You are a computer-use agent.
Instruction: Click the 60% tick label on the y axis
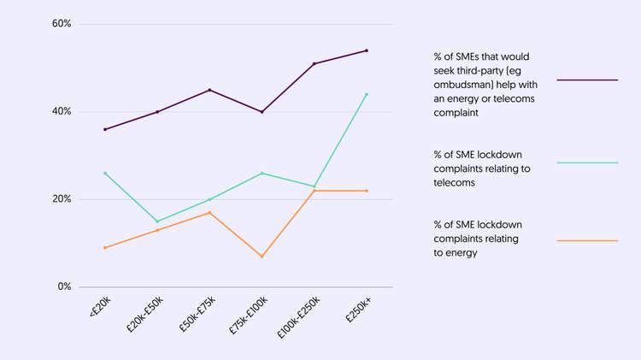click(61, 24)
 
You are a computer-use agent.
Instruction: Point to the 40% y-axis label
click(61, 112)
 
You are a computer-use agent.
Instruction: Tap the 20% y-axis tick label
click(61, 199)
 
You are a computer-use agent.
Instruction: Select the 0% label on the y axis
click(64, 287)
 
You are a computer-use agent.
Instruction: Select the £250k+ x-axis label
click(358, 310)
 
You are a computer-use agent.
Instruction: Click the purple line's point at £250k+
click(367, 50)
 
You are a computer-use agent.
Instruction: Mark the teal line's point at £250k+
click(367, 94)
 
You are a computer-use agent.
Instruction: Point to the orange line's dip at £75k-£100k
click(262, 257)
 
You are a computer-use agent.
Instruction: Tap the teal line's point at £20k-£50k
click(157, 221)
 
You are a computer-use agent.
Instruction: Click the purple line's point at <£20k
click(105, 129)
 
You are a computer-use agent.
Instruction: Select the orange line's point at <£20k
click(105, 248)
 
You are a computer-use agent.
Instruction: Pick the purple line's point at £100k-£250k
click(315, 63)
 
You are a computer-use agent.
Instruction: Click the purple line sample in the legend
click(587, 80)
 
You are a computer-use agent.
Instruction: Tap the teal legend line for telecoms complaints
click(587, 162)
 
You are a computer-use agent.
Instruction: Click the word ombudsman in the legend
click(463, 84)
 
